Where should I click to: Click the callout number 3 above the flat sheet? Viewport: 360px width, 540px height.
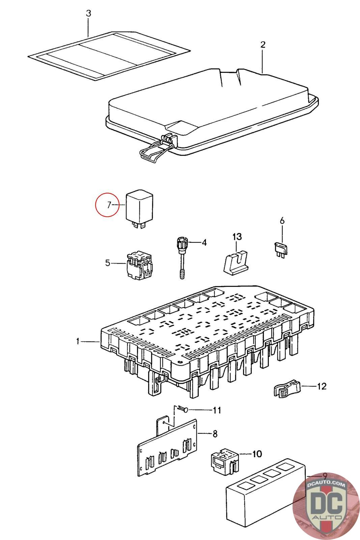point(88,14)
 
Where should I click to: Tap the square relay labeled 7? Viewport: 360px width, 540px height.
point(139,206)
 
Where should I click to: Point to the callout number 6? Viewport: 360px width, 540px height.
point(282,221)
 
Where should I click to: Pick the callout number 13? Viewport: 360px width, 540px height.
point(237,236)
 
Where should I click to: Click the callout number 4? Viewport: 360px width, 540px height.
point(204,243)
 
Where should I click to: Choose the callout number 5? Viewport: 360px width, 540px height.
point(108,263)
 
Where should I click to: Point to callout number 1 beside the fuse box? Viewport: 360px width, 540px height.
point(78,342)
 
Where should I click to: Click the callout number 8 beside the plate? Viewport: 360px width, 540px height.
point(215,434)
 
